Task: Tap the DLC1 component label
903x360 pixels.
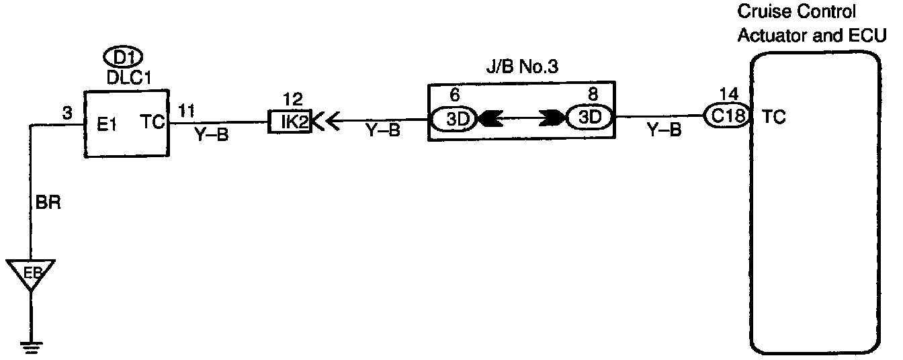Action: point(128,78)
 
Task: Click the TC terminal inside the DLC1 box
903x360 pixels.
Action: point(152,123)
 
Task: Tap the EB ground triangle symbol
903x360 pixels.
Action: point(30,273)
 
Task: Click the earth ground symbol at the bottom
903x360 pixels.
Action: point(30,347)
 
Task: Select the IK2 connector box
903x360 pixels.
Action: point(289,123)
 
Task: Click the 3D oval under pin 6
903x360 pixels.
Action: point(454,120)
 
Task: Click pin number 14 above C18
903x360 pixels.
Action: point(728,93)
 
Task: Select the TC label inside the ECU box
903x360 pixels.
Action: point(774,118)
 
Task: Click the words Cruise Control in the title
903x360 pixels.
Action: point(787,13)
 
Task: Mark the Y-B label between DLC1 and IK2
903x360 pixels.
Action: point(212,135)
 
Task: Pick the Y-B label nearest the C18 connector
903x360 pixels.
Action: point(663,131)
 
